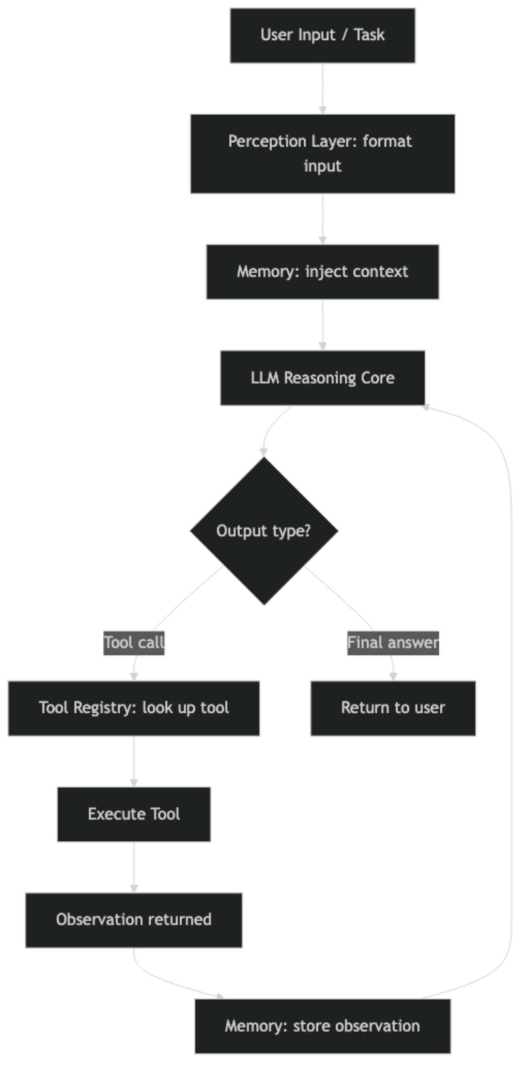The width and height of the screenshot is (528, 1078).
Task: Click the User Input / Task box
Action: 322,35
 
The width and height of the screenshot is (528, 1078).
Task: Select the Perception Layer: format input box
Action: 322,153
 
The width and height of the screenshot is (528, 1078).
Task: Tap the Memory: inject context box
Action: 322,272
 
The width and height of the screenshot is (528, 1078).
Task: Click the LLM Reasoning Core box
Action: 322,378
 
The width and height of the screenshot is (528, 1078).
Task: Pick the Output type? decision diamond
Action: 263,531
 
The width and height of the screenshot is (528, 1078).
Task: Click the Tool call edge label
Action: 134,643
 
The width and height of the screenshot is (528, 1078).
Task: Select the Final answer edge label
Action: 393,643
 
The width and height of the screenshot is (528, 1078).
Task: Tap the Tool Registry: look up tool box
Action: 134,708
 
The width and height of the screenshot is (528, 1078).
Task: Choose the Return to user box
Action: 393,708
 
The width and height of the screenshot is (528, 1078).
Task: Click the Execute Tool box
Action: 134,814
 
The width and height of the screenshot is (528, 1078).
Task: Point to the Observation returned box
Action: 134,920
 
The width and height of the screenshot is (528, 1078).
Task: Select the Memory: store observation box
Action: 322,1026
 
